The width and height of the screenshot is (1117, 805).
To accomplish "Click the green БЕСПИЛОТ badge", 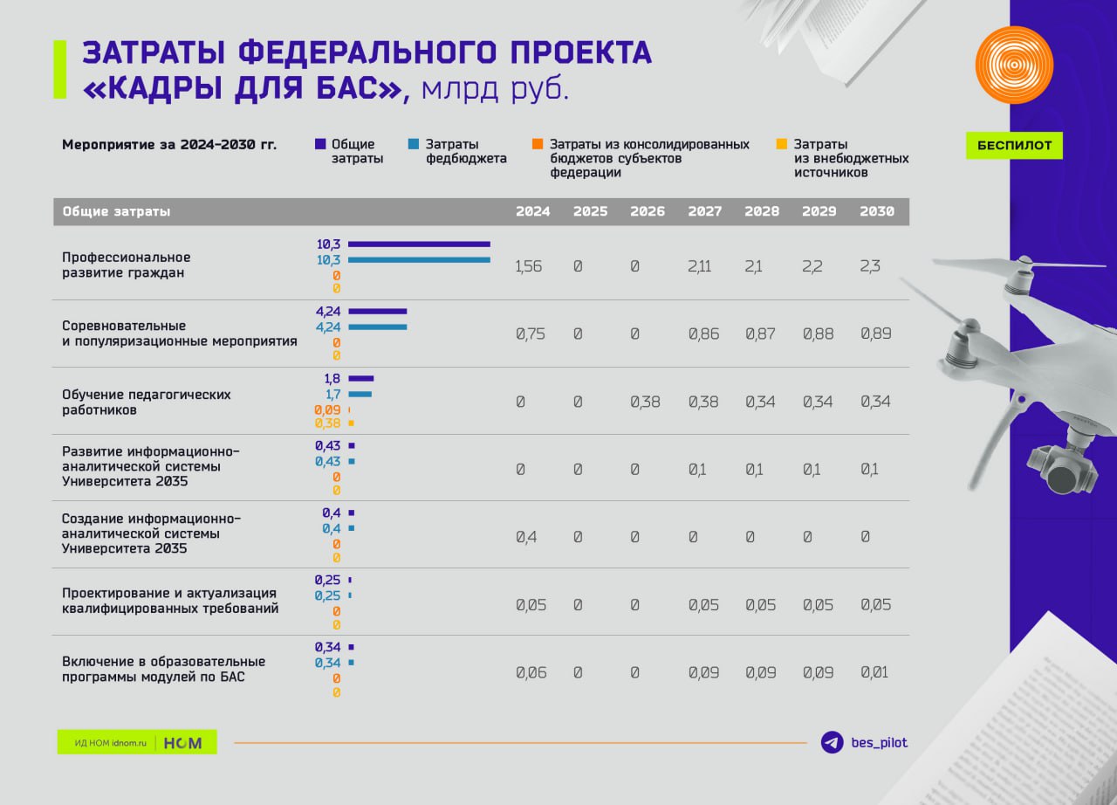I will pyautogui.click(x=1014, y=145).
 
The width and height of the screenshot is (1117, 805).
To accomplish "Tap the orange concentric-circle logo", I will pyautogui.click(x=1014, y=65).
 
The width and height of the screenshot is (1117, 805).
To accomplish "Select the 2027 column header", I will pyautogui.click(x=704, y=211).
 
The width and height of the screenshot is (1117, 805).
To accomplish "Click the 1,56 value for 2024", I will pyautogui.click(x=528, y=266).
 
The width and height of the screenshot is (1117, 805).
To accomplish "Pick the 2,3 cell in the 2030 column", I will pyautogui.click(x=870, y=266).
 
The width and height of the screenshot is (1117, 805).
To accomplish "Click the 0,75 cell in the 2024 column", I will pyautogui.click(x=530, y=334).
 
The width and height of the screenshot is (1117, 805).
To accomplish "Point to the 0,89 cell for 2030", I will pyautogui.click(x=875, y=334).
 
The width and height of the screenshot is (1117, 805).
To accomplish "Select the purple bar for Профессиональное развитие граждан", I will pyautogui.click(x=419, y=244).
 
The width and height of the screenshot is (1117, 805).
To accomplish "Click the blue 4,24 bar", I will pyautogui.click(x=378, y=327).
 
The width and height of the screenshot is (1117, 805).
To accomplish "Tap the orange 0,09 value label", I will pyautogui.click(x=328, y=409).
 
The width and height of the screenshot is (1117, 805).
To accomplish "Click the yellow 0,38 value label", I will pyautogui.click(x=328, y=423).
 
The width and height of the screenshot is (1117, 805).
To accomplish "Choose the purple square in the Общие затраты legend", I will pyautogui.click(x=320, y=144).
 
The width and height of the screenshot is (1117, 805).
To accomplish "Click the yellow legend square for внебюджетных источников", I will pyautogui.click(x=782, y=144).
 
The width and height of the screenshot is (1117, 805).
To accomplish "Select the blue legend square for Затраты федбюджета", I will pyautogui.click(x=414, y=144).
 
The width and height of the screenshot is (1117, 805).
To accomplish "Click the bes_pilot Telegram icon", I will pyautogui.click(x=833, y=742).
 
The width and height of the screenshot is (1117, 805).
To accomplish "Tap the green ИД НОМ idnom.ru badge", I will pyautogui.click(x=137, y=742).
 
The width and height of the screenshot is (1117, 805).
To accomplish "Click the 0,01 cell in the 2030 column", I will pyautogui.click(x=875, y=672).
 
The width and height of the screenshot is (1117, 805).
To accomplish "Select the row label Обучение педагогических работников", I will pyautogui.click(x=147, y=402).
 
